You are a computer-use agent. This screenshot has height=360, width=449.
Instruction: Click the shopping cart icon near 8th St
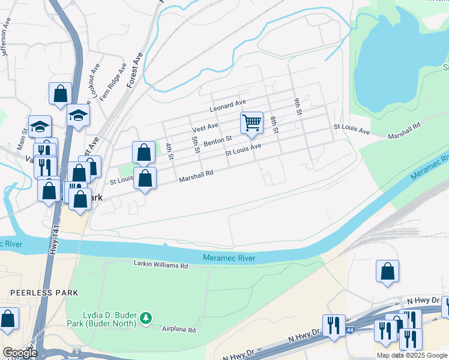coord(252,123)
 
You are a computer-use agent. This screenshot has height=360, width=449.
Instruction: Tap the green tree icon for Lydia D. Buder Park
coord(145,317)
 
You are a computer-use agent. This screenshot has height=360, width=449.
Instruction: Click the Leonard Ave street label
coord(228,106)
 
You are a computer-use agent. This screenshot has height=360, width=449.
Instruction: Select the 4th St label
coord(169,150)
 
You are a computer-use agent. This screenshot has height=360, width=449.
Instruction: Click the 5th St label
coord(195,144)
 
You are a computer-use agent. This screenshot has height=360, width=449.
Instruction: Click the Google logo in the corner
coord(20,352)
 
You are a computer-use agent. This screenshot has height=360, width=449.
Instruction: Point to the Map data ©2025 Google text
coord(411,355)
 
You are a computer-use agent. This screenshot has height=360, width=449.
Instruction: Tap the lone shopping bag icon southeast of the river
coord(387,271)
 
